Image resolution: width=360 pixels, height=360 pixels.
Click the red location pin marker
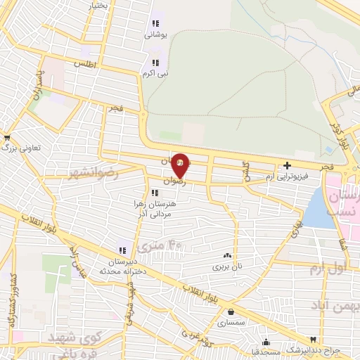click(180, 165)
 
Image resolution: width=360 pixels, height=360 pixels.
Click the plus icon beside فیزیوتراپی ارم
click(287, 166)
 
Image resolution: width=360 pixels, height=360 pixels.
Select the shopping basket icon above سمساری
click(231, 312)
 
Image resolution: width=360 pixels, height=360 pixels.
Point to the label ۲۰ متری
click(159, 245)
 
